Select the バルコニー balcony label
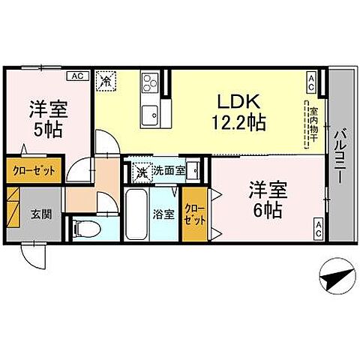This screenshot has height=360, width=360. [341, 154]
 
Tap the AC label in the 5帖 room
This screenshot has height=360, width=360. [76, 76]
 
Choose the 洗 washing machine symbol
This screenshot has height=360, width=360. [141, 172]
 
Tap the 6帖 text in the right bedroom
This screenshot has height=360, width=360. [267, 211]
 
